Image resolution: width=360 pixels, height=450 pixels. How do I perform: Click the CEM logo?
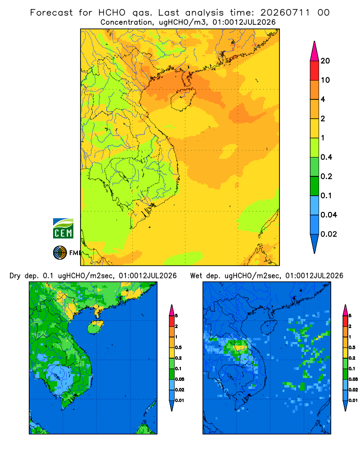(x=63, y=228)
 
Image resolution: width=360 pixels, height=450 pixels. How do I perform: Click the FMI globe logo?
(x=60, y=252)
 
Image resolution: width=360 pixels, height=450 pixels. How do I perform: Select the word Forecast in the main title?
(x=52, y=13)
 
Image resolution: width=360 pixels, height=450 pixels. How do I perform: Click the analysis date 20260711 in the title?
(x=285, y=13)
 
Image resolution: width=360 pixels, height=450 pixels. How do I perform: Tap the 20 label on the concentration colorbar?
(x=325, y=61)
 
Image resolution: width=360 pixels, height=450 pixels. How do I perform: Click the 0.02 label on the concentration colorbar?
(x=328, y=234)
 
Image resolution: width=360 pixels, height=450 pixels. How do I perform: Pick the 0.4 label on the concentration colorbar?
(x=326, y=157)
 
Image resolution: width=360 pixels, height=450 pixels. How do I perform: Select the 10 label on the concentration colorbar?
(x=325, y=80)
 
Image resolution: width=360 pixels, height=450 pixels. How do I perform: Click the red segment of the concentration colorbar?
(x=315, y=71)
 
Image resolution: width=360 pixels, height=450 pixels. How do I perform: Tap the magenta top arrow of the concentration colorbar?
(x=315, y=51)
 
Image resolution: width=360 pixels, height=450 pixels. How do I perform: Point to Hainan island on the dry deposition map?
(x=95, y=327)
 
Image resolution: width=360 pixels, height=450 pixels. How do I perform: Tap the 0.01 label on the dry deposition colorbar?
(x=180, y=400)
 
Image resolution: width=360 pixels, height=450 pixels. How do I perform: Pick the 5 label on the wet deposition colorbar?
(x=350, y=316)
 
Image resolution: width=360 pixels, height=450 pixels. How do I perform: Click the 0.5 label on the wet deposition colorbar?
(x=352, y=347)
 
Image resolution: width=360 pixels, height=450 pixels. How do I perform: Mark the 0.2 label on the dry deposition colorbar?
(x=178, y=358)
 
